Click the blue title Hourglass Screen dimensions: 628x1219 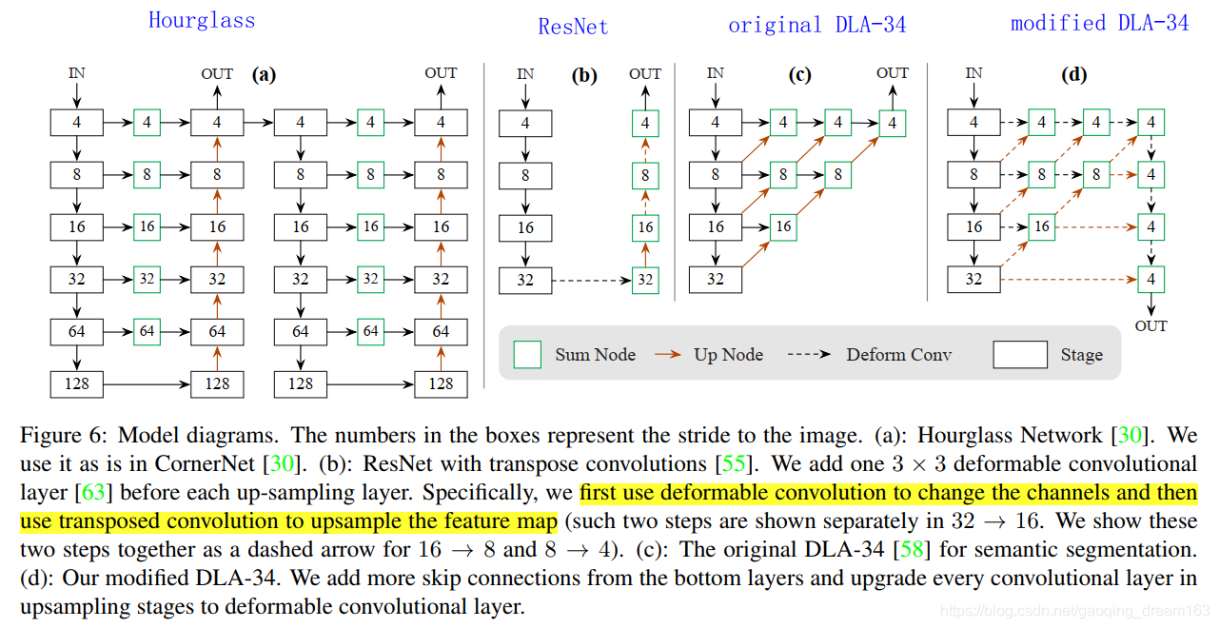pos(202,20)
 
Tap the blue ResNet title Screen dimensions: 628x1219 pos(573,27)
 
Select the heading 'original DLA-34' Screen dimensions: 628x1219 pos(816,26)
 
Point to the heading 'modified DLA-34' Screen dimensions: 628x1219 pos(1099,23)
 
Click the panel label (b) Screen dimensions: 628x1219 pos(584,76)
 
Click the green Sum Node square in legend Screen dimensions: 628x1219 pos(527,355)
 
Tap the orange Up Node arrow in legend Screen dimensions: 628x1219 pos(667,355)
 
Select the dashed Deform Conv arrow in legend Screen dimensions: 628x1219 pos(812,355)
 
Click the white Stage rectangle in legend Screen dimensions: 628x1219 pos(1020,355)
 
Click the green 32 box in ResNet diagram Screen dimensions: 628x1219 pos(645,280)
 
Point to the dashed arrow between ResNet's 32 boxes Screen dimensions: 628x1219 pos(591,280)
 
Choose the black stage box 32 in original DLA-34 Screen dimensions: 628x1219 pos(716,280)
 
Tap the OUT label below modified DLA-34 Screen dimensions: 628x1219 pos(1151,326)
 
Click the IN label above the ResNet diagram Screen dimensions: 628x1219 pos(525,73)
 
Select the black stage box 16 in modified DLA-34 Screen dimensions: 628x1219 pos(973,227)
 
